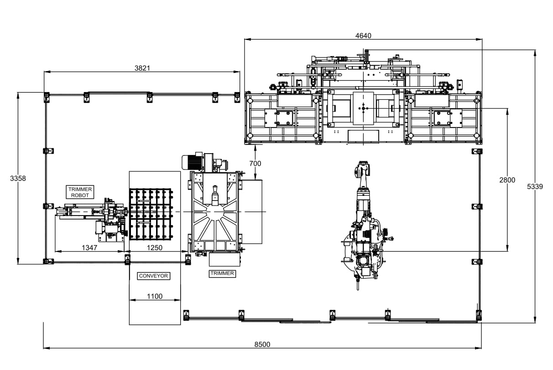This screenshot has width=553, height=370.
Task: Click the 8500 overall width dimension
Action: point(262,344)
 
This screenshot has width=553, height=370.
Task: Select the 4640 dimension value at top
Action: point(363,36)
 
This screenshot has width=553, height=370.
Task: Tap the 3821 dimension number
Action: point(142,68)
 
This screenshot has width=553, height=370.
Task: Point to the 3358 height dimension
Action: point(18,179)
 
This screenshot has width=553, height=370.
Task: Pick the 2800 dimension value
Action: point(507,180)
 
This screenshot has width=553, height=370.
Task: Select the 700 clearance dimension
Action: point(256,163)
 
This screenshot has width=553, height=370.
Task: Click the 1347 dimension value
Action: point(89,247)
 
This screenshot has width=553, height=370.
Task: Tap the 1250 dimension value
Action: point(154,247)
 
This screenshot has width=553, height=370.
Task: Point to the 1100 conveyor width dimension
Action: point(154,296)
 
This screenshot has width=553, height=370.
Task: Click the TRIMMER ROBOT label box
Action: point(80,192)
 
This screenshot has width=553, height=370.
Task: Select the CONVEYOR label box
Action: point(153,276)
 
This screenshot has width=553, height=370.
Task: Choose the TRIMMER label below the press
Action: point(222,273)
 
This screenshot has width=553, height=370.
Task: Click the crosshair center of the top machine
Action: point(363,108)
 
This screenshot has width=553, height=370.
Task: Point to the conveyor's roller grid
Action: point(151,214)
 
